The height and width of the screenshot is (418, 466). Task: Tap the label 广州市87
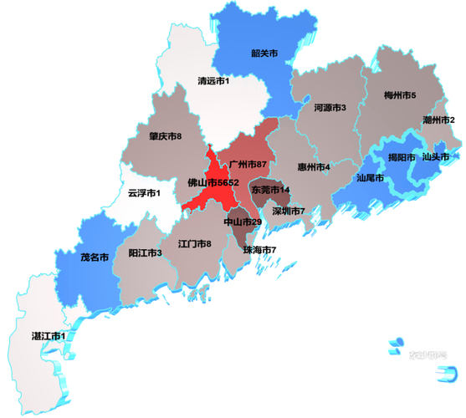tap(248, 163)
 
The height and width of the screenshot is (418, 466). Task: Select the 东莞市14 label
tap(271, 190)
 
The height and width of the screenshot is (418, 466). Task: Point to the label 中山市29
tap(243, 222)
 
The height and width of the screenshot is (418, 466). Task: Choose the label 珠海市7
tap(259, 250)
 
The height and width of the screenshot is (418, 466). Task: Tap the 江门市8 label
tap(195, 243)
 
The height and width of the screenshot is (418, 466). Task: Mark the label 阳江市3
tap(145, 252)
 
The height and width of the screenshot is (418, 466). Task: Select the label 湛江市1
tap(49, 335)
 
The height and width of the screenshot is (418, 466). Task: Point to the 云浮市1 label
tap(144, 193)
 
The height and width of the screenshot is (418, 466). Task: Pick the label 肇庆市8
tap(166, 135)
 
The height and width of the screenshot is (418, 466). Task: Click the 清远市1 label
tap(213, 81)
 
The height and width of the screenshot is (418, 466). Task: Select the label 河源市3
tap(330, 107)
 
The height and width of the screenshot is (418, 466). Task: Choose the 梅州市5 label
tap(399, 96)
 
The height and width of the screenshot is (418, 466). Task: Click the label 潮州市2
tap(439, 120)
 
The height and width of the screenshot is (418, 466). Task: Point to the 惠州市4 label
tap(314, 166)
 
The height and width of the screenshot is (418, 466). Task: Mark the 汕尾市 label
tap(370, 178)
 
